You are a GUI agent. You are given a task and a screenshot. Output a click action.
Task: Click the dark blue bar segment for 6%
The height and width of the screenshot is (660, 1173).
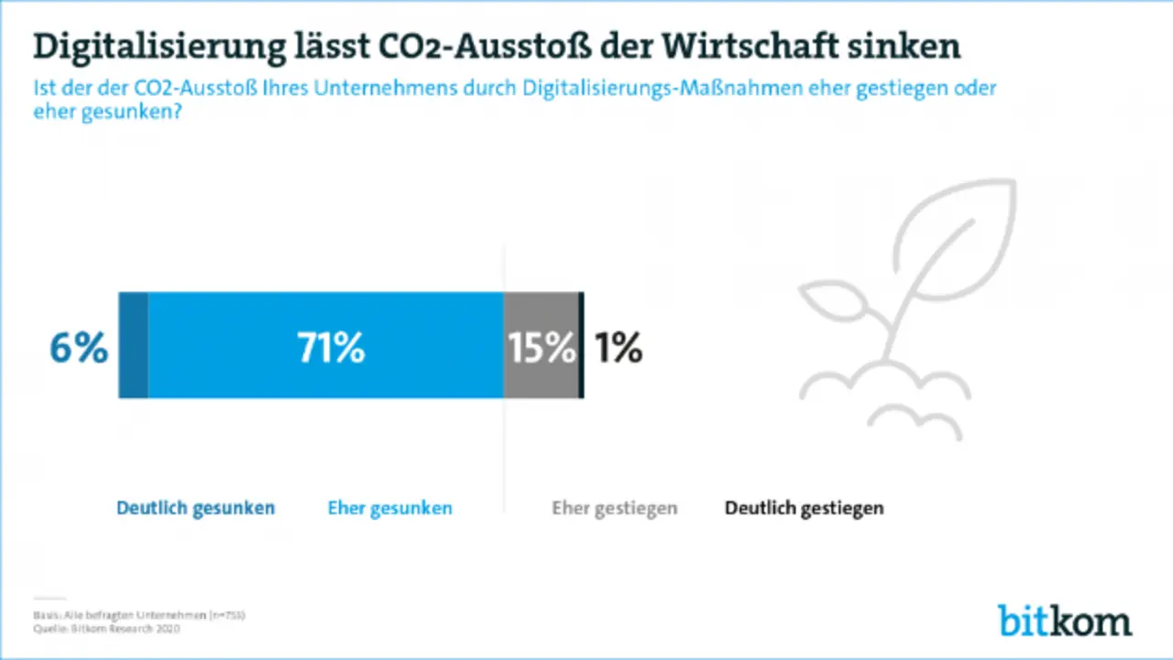(x=134, y=345)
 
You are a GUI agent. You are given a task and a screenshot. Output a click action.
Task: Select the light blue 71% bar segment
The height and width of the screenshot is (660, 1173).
(x=325, y=345)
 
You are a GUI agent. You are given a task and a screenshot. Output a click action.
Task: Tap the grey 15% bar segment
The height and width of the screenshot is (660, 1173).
(x=541, y=345)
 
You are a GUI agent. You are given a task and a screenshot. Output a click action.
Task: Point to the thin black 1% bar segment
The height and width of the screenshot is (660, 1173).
(x=581, y=345)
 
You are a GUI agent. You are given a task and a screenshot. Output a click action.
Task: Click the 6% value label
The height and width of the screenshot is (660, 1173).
(x=79, y=349)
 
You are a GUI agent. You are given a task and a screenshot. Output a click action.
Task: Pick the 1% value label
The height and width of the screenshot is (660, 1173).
(x=618, y=349)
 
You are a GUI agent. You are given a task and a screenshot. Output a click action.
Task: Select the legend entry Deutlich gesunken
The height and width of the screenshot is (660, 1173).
(x=195, y=508)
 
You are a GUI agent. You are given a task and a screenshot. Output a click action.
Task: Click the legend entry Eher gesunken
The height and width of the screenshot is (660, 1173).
(x=389, y=508)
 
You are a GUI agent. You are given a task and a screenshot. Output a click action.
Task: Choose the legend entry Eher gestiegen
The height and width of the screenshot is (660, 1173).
(x=614, y=508)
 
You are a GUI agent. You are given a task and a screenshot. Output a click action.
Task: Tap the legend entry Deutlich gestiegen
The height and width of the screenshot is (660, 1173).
(x=804, y=508)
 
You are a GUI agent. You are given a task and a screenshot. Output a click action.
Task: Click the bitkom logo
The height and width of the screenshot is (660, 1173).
(x=1065, y=620)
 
